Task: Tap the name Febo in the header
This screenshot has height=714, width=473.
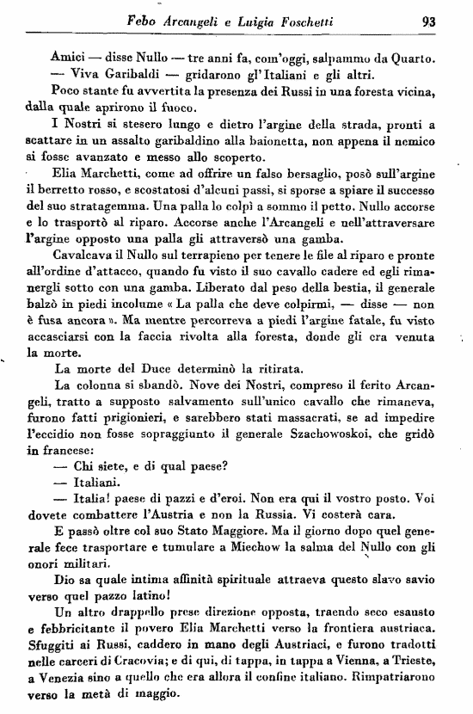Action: pyautogui.click(x=143, y=22)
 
